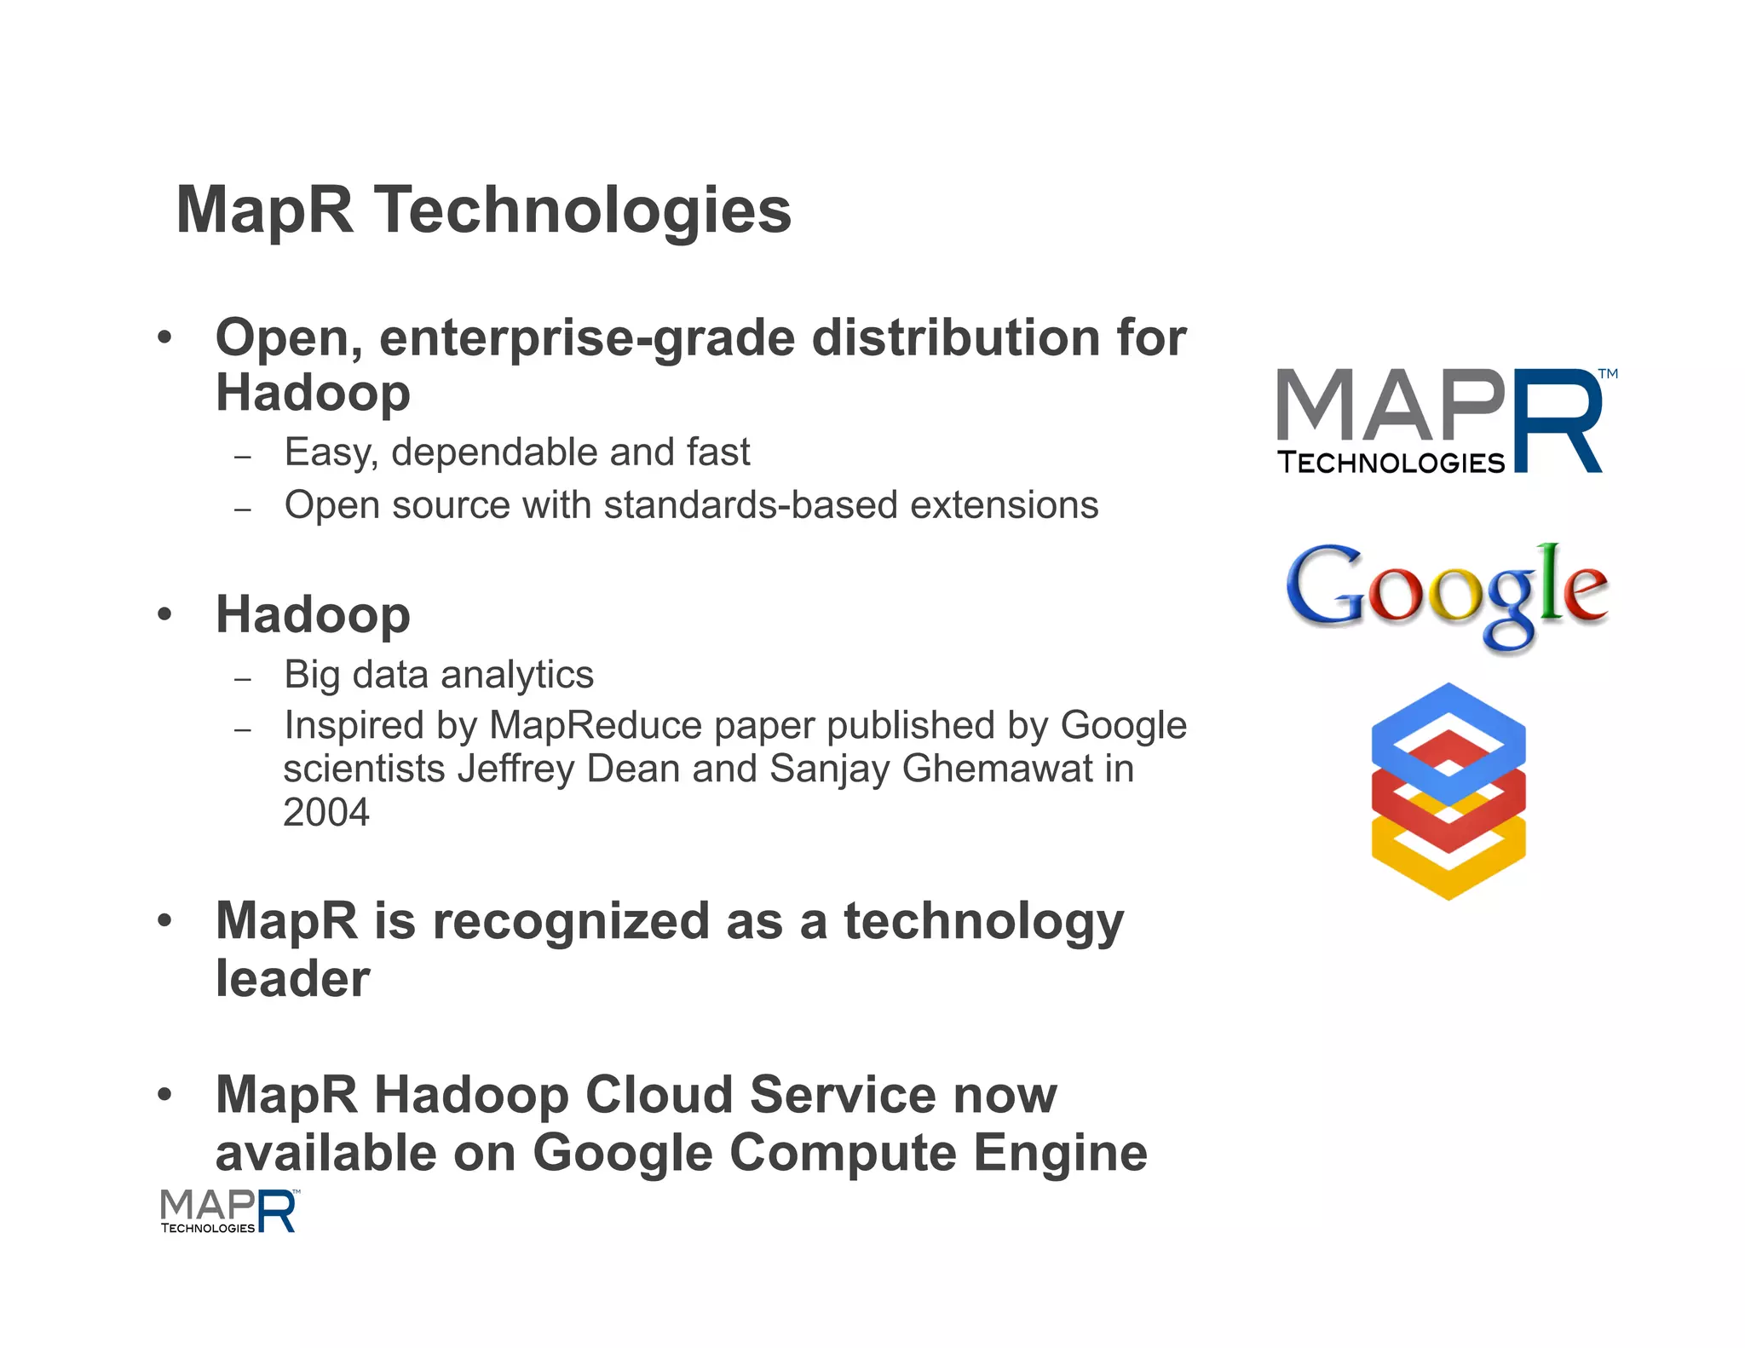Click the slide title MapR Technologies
pyautogui.click(x=483, y=210)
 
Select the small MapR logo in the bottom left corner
pyautogui.click(x=228, y=1211)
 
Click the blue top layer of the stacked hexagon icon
pyautogui.click(x=1448, y=724)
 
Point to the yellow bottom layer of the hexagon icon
pyautogui.click(x=1448, y=869)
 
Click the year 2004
pyautogui.click(x=326, y=812)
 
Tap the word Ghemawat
pyautogui.click(x=997, y=769)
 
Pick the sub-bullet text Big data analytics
pyautogui.click(x=439, y=675)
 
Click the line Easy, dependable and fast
pyautogui.click(x=517, y=452)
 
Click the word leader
pyautogui.click(x=292, y=978)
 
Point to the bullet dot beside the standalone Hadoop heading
pyautogui.click(x=164, y=614)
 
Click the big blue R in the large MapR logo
pyautogui.click(x=1557, y=422)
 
